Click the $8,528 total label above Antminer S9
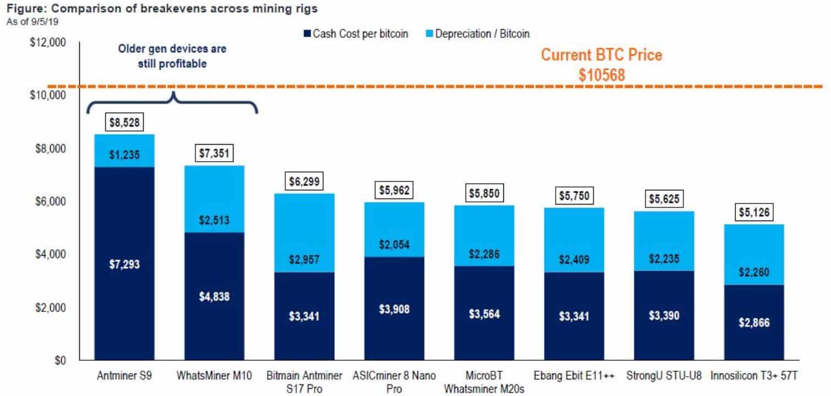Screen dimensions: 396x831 [x=124, y=123]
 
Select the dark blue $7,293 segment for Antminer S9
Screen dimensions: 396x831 [x=124, y=264]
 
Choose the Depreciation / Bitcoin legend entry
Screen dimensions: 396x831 [x=477, y=34]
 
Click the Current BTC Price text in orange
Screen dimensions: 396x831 [x=601, y=56]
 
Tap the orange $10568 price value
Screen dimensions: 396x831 [x=601, y=75]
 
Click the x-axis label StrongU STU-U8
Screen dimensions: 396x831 [x=664, y=377]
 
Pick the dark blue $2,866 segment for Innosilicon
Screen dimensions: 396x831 [x=754, y=322]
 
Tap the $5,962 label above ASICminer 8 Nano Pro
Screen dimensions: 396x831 [x=394, y=190]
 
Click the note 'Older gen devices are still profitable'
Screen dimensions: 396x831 [x=172, y=56]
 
